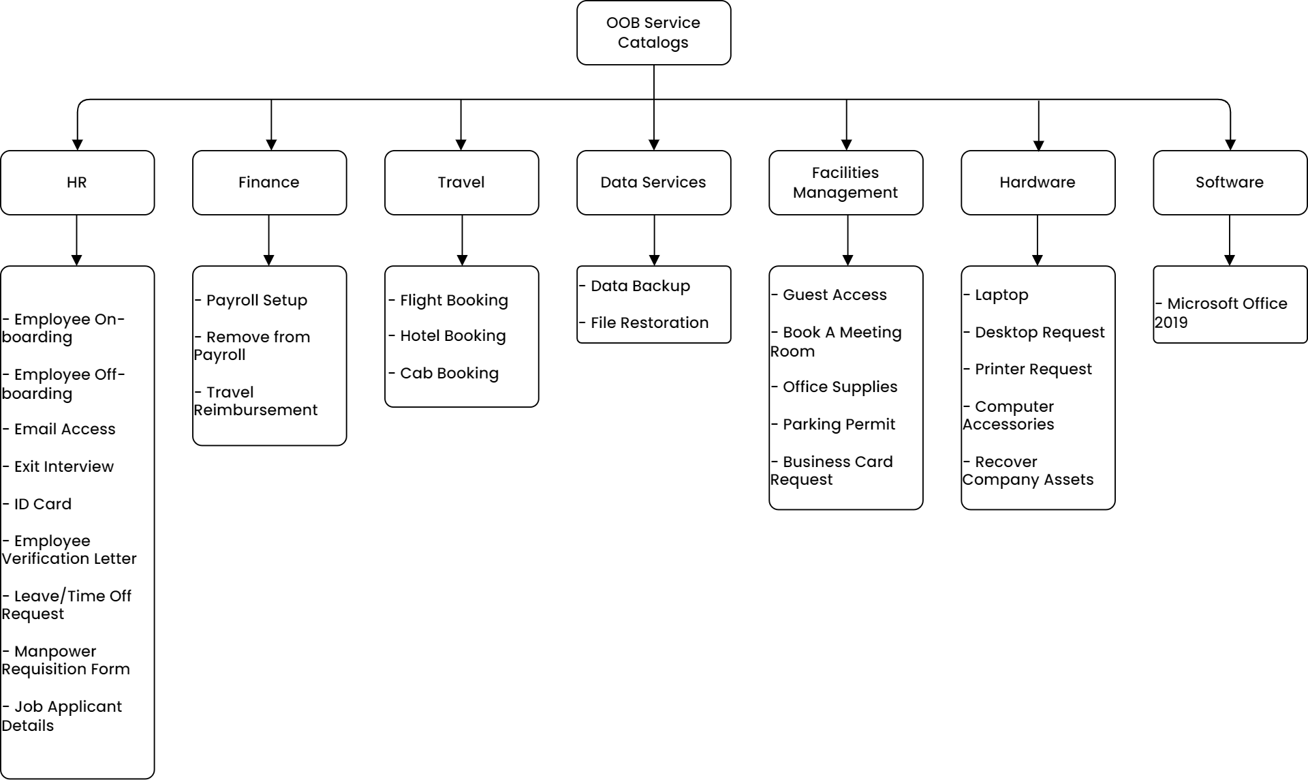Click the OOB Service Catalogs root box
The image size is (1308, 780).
pyautogui.click(x=653, y=33)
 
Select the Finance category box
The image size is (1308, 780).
pyautogui.click(x=269, y=183)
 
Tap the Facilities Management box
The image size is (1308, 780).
pyautogui.click(x=845, y=183)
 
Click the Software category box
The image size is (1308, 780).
pyautogui.click(x=1229, y=183)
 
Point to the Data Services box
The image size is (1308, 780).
pyautogui.click(x=653, y=183)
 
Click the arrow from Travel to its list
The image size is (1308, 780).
pyautogui.click(x=462, y=240)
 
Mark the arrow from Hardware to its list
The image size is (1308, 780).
pyautogui.click(x=1037, y=240)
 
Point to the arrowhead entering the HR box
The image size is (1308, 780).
pyautogui.click(x=77, y=145)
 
